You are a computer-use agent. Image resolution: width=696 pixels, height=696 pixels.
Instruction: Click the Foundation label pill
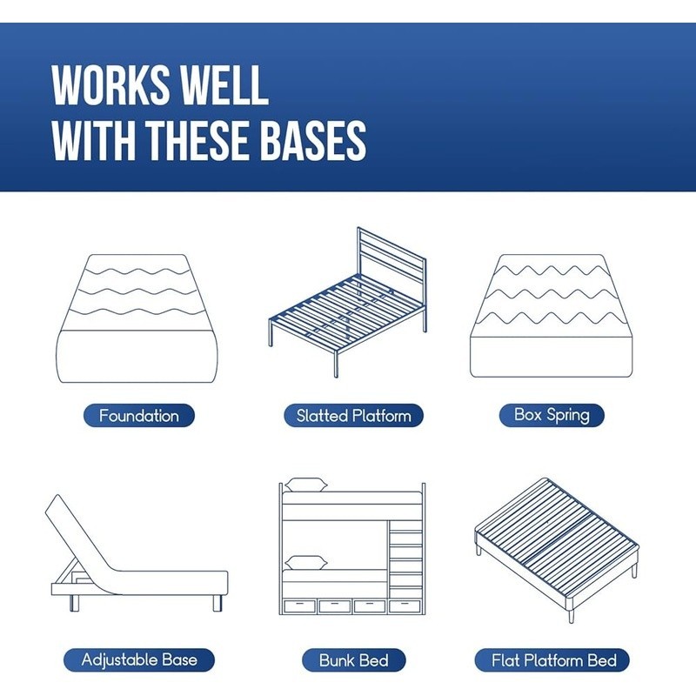[139, 416]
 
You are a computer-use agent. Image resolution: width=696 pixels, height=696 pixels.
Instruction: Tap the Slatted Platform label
[353, 416]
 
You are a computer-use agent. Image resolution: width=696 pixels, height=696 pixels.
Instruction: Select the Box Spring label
[552, 416]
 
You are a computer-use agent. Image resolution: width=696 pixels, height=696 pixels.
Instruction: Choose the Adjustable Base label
[139, 660]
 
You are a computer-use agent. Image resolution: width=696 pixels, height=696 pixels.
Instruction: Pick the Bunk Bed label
[354, 660]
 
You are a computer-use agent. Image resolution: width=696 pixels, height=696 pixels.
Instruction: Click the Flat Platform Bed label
[552, 660]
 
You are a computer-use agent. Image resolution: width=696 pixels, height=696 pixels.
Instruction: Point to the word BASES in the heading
[313, 140]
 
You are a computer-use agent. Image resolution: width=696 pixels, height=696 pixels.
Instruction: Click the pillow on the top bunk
[306, 485]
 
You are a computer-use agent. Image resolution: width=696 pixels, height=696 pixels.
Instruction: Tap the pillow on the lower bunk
[306, 563]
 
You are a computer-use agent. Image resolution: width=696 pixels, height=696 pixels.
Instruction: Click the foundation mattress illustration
[137, 318]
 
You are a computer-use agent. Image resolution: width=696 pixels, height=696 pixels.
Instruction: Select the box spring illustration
[552, 316]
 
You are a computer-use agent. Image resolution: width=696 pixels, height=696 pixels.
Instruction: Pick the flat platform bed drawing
[557, 551]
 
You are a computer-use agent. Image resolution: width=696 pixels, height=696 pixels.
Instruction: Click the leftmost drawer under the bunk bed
[299, 606]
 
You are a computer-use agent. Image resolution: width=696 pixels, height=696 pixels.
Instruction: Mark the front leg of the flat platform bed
[571, 612]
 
